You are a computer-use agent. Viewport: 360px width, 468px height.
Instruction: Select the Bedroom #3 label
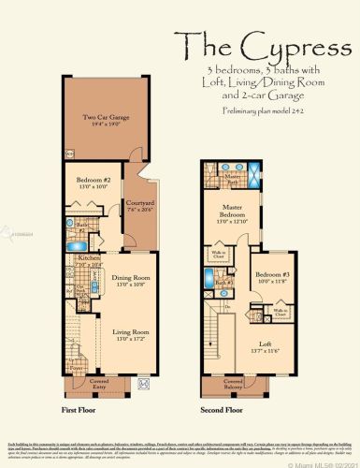coord(267,275)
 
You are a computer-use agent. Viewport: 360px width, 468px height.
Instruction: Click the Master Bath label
coord(232,176)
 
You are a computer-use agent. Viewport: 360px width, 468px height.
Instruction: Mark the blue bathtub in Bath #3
coord(208,277)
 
